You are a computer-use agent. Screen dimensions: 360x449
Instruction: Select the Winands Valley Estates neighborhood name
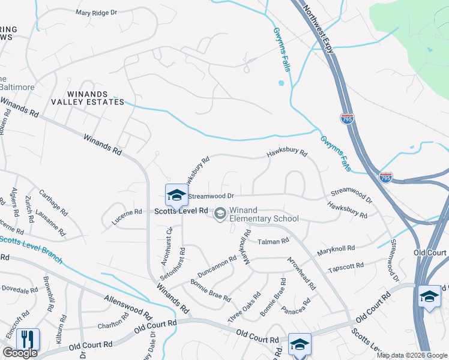88,98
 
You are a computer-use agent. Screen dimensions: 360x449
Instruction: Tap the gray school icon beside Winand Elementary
220,213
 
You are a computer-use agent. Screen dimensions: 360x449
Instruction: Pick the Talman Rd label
273,241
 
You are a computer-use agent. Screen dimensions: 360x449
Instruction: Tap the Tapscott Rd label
346,265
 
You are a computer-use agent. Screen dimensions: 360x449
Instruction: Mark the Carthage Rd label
53,203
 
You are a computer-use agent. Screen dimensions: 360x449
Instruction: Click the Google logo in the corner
20,353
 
